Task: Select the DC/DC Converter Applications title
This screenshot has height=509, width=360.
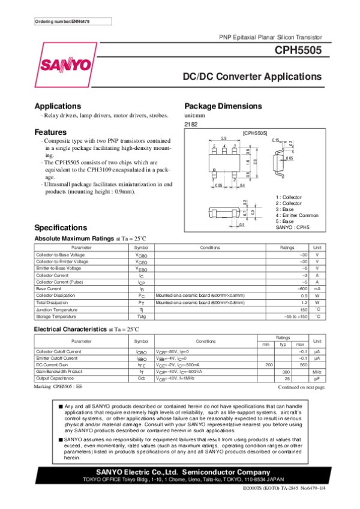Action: (253, 77)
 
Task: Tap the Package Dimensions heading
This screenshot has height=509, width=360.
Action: (223, 106)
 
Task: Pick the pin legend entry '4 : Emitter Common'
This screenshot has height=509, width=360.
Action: (297, 215)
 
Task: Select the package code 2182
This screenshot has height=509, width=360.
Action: (191, 124)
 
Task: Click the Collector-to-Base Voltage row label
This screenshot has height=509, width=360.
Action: (62, 255)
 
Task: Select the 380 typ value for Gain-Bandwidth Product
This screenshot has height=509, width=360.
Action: (286, 372)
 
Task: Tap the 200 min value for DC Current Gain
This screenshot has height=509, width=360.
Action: (269, 365)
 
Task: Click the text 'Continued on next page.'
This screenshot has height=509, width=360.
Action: (301, 388)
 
